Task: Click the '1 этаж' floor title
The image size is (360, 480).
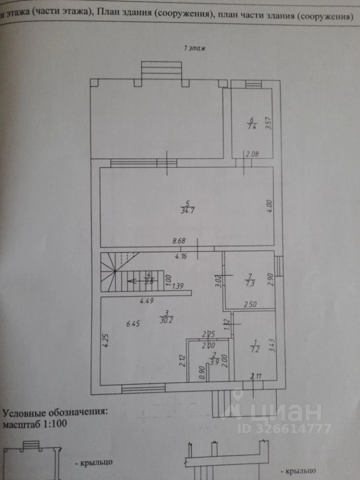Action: pos(195,48)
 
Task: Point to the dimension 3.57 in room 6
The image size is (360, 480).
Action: pos(268,123)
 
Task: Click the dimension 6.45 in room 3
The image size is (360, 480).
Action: pos(134,323)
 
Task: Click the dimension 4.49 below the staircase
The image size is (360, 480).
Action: pos(147,301)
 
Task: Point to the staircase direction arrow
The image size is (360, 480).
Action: pos(134,280)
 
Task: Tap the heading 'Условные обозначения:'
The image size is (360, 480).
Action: pos(55,413)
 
